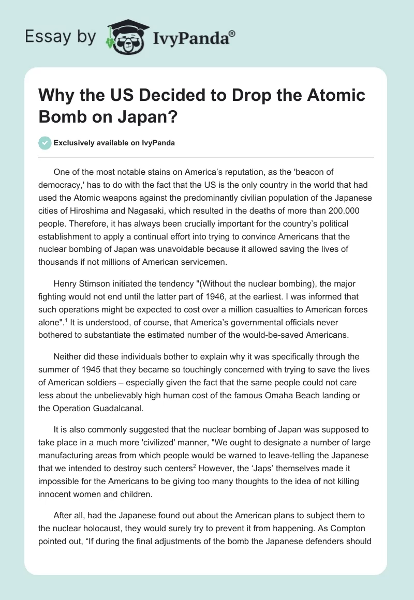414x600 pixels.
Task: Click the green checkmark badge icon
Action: [45, 143]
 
